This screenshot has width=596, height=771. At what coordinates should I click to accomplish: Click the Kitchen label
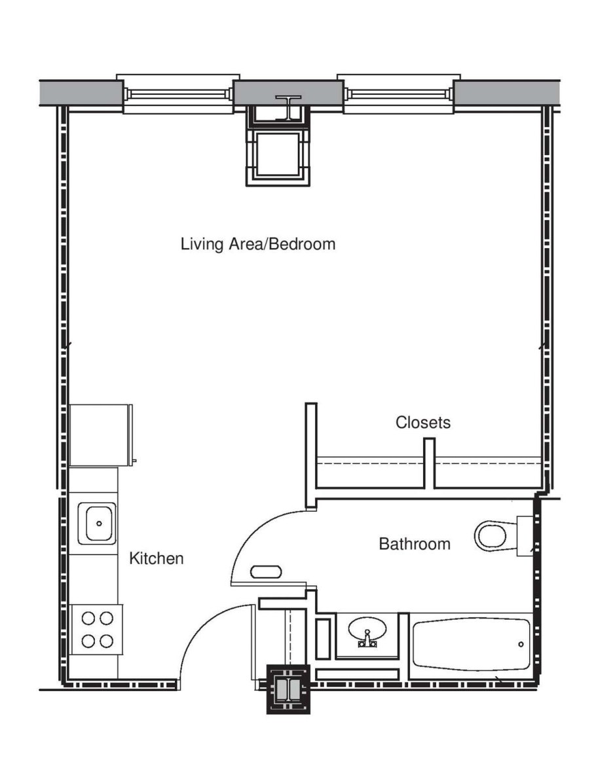point(156,558)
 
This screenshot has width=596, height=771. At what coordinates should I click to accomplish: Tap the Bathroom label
point(415,544)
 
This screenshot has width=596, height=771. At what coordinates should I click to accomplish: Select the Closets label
point(422,422)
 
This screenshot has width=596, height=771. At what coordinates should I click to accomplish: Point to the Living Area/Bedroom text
point(258,244)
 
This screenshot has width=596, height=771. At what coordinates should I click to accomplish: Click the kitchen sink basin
point(100,523)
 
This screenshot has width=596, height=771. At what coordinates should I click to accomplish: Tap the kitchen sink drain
point(100,524)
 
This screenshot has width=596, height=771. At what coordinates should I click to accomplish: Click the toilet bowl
point(492,535)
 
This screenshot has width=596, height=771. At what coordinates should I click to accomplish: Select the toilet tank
point(525,536)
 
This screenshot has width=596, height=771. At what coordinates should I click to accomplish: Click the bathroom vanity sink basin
point(367,630)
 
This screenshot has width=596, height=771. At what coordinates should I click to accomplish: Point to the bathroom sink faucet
point(367,640)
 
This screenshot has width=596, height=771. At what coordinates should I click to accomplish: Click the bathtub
point(471,644)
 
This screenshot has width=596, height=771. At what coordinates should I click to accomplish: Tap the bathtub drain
point(521,644)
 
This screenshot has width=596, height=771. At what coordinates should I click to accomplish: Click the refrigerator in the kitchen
point(101,435)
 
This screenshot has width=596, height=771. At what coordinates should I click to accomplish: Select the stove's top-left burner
point(88,618)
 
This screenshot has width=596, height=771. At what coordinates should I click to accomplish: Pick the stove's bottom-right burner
point(106,641)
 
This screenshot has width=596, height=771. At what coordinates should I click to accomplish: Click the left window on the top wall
point(177,94)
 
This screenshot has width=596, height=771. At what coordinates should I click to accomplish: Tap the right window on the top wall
point(398,94)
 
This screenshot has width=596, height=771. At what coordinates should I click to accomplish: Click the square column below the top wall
point(278,154)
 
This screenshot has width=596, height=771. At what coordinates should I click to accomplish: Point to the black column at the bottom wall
point(288,689)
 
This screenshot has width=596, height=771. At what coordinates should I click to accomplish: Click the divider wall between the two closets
point(429,463)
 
